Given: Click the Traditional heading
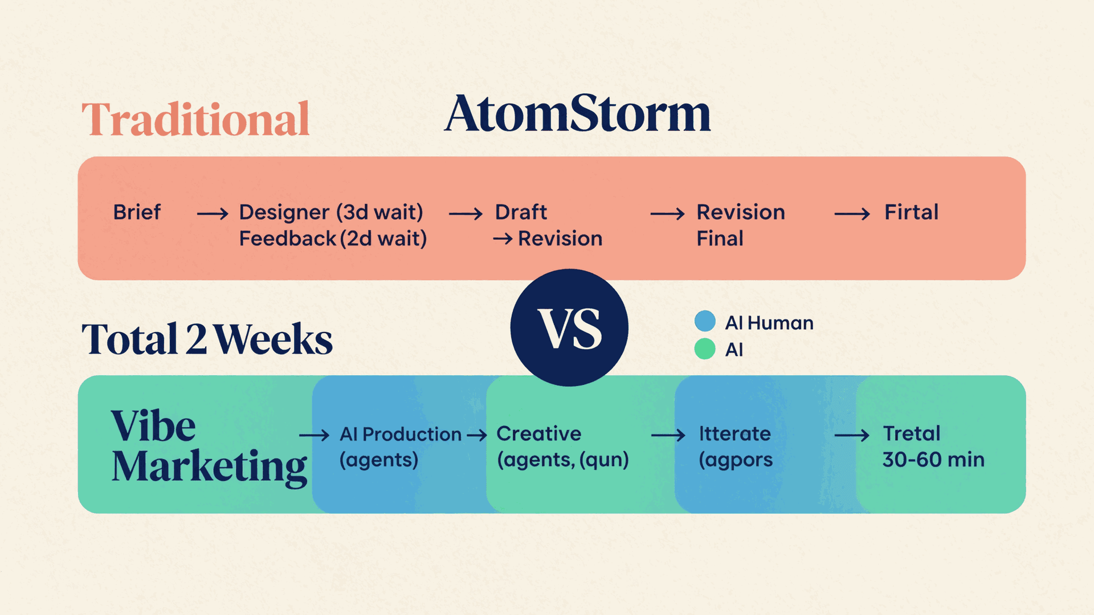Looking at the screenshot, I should point(195,120).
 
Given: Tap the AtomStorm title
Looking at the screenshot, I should point(577,114).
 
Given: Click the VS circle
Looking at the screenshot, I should point(569,328).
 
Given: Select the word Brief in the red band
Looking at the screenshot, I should point(137,212).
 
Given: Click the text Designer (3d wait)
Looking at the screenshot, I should point(331,212).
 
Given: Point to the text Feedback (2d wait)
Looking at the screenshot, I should point(333,239).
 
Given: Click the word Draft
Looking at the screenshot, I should point(521,212).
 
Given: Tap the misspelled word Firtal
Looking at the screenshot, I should point(911,212).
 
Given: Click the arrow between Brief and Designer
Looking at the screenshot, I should point(213,214).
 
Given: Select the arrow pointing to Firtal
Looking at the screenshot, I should point(852,214).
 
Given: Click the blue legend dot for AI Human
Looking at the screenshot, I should point(705,321).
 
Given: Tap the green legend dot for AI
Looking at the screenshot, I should point(705,348).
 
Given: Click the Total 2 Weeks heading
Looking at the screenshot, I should point(207,339).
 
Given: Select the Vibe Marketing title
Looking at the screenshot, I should point(209,446).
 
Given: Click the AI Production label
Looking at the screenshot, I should point(401,434).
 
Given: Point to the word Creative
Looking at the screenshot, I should point(538,434).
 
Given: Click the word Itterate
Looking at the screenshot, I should point(734,434).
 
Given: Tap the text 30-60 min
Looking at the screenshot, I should point(933,460).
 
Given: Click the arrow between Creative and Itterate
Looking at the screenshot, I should point(668,436).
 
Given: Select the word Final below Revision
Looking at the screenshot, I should point(720,239).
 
